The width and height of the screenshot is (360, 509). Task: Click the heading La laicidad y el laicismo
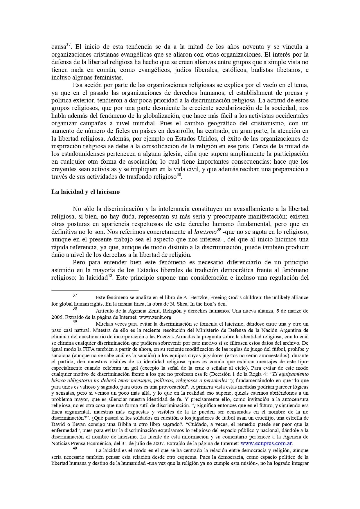click(85, 192)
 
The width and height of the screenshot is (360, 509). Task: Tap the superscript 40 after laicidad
click(110, 276)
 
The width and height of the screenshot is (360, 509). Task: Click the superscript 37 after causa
click(69, 45)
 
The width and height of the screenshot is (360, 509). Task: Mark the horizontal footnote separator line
click(95, 290)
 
